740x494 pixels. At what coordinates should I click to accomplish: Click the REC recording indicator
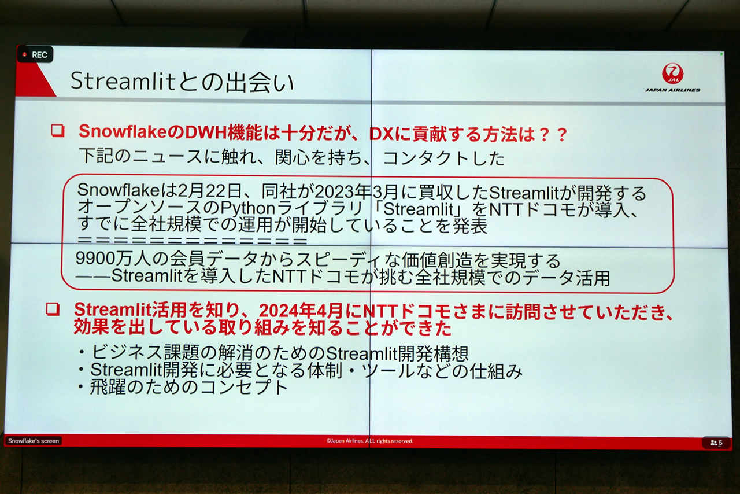point(35,54)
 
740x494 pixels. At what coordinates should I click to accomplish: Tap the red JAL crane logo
point(672,73)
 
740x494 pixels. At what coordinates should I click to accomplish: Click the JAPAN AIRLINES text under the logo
point(672,90)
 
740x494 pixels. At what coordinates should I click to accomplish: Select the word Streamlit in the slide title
point(122,81)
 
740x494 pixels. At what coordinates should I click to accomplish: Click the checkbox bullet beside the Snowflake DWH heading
point(58,131)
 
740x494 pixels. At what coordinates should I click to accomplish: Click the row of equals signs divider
point(193,241)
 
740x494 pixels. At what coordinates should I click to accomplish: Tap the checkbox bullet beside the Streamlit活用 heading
point(53,309)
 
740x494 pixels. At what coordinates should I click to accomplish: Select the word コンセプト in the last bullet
point(244,387)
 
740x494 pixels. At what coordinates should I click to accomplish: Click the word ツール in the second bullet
point(388,371)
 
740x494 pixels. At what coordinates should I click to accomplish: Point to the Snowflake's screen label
point(34,441)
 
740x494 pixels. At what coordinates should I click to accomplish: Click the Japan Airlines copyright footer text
point(369,441)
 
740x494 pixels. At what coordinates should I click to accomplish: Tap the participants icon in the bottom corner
point(716,443)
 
